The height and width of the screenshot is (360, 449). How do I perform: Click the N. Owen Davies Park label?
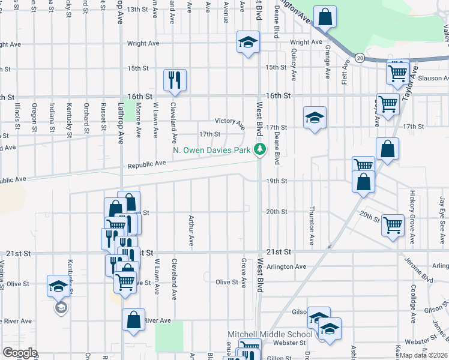pos(211,150)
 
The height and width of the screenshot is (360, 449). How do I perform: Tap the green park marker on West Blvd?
pos(259,149)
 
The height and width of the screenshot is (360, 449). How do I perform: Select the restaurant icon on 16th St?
pos(175,80)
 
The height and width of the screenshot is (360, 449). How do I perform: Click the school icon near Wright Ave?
pos(247,43)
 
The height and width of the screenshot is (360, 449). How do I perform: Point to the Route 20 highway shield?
pos(359,57)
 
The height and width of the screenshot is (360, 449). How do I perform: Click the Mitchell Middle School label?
pos(270,334)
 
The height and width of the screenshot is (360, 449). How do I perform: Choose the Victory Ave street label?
pos(230,122)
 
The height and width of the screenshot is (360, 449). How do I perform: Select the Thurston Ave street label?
pos(312,227)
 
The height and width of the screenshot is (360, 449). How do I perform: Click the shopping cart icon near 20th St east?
pos(393,226)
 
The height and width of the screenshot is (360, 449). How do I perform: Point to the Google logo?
pos(20,353)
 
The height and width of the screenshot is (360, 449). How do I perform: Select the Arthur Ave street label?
pos(191,231)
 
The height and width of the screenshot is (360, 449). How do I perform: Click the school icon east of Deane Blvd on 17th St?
pos(314,118)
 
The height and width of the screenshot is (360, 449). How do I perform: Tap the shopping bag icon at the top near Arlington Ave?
pos(325,18)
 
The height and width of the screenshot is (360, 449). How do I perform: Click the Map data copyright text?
pos(424,355)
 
